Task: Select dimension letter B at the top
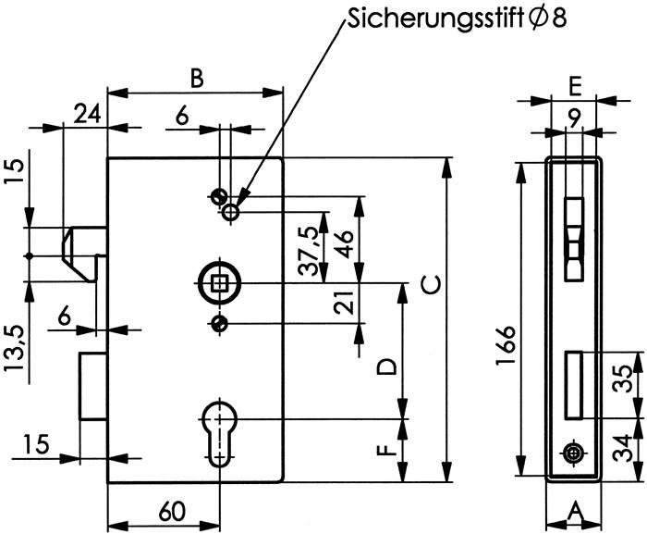click(195, 78)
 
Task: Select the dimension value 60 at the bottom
click(170, 510)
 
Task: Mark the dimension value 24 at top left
click(87, 114)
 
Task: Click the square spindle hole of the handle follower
click(219, 281)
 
